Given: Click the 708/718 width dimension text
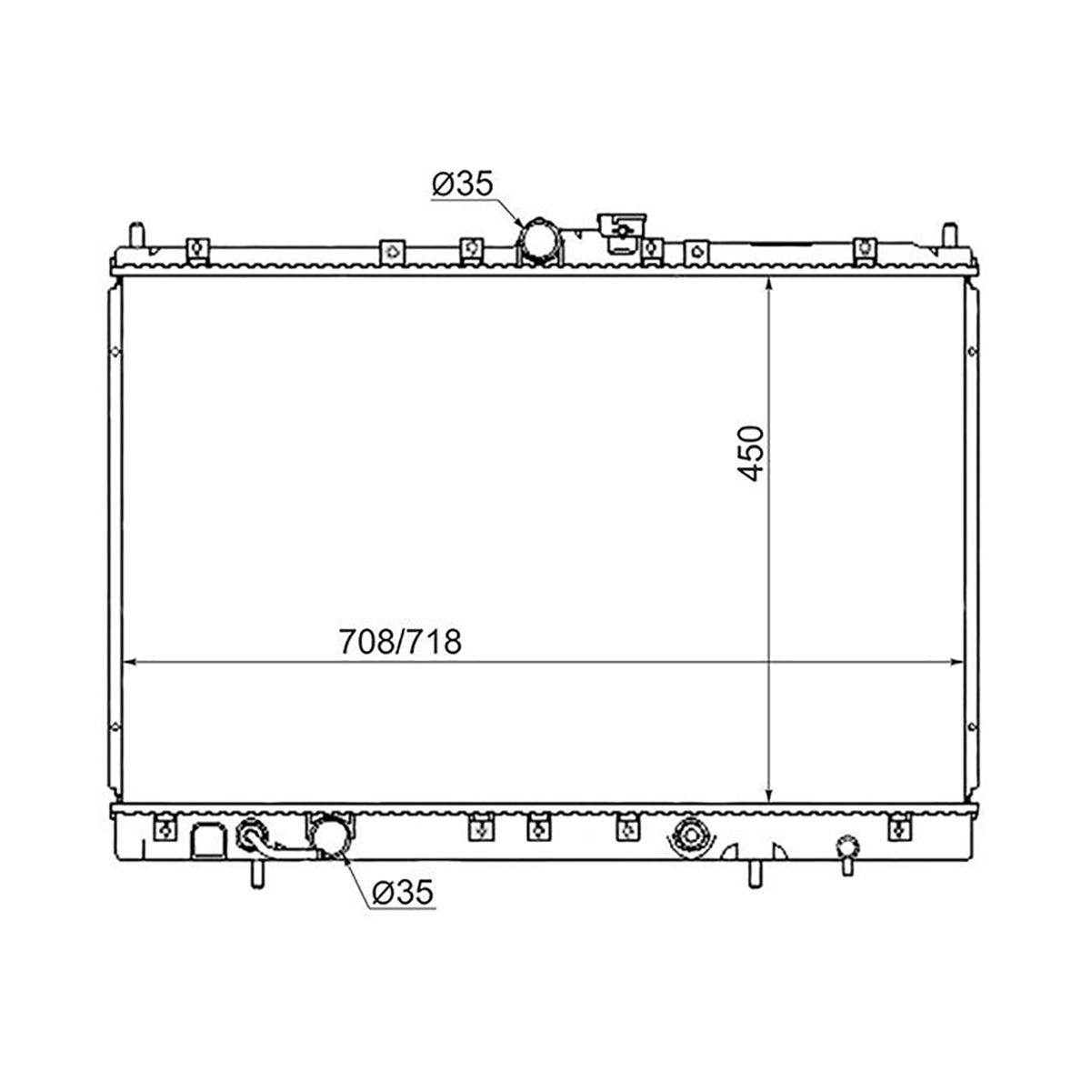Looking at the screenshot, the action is (x=400, y=642).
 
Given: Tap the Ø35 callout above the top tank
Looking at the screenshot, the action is (x=462, y=184).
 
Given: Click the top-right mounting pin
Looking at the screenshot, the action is (x=949, y=235).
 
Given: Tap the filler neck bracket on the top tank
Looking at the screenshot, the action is (x=622, y=232).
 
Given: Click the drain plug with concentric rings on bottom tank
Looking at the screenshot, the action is (x=691, y=836).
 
